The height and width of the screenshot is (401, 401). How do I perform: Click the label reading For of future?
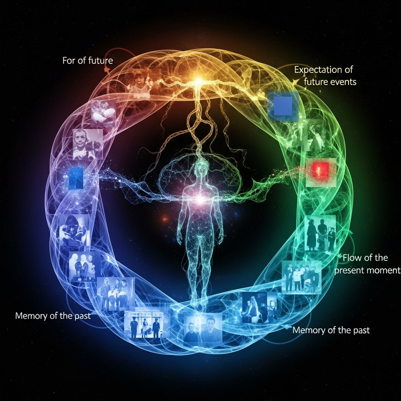pyautogui.click(x=87, y=61)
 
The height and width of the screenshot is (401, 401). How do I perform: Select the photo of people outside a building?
pyautogui.click(x=144, y=324)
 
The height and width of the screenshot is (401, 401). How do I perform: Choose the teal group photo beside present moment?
pyautogui.click(x=302, y=276)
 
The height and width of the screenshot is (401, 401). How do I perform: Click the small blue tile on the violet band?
pyautogui.click(x=76, y=178)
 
